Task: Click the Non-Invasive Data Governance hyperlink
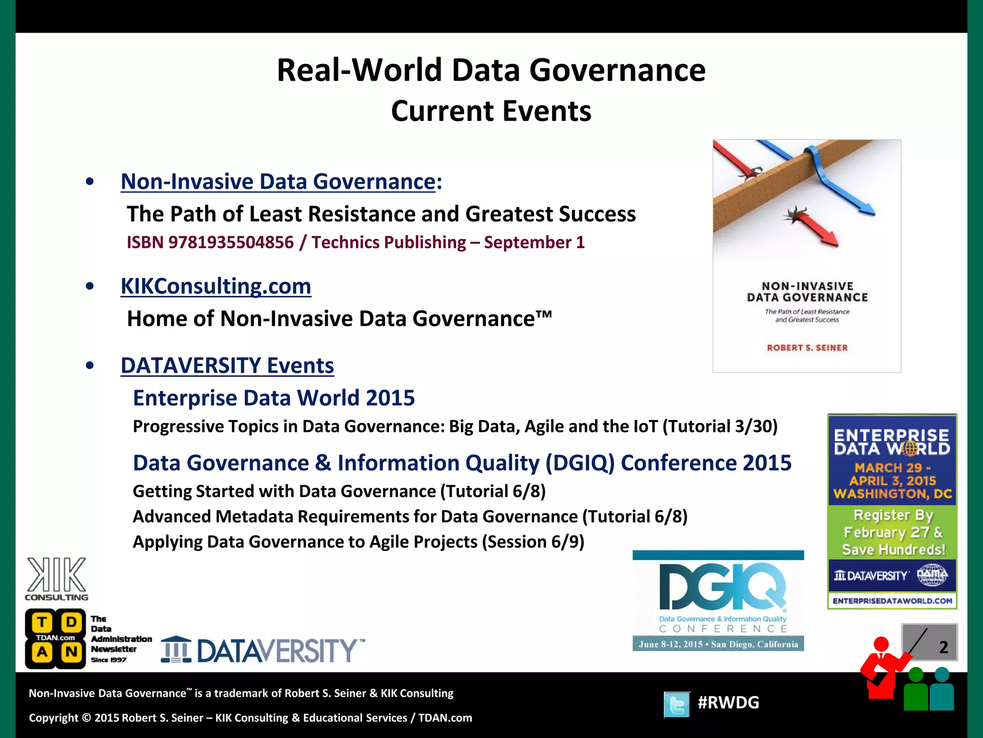[278, 182]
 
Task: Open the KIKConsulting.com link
[216, 286]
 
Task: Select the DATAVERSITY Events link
[227, 366]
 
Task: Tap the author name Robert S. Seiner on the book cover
[807, 347]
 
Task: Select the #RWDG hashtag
[728, 702]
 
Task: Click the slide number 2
[943, 647]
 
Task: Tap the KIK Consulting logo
[57, 578]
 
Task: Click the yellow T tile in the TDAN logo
[42, 623]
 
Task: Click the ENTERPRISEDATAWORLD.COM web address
[892, 601]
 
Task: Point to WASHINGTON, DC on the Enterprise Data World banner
[892, 493]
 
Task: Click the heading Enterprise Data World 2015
[274, 398]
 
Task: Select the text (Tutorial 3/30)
[720, 426]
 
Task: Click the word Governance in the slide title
[617, 70]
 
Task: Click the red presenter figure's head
[881, 644]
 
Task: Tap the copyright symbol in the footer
[86, 718]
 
